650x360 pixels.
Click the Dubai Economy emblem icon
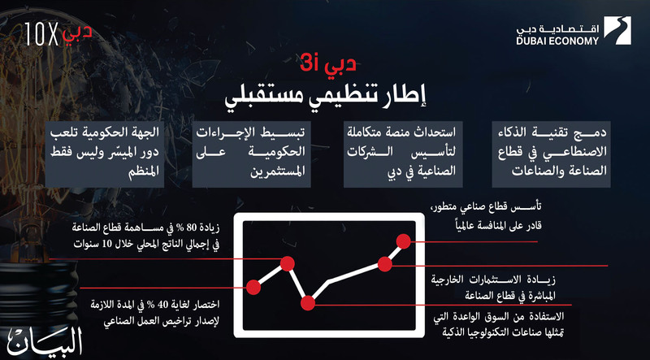[617, 30]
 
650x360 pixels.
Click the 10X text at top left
[42, 34]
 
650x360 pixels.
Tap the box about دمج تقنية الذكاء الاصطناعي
[552, 154]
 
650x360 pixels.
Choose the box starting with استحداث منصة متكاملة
[403, 154]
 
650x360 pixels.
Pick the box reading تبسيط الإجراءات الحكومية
[251, 154]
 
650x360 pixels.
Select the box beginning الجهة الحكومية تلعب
[105, 154]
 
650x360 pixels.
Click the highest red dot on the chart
[403, 241]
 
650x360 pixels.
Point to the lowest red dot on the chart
[308, 303]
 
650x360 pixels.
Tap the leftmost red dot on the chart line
[253, 287]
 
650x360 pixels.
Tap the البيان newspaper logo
[45, 341]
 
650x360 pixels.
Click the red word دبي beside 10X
[77, 33]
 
